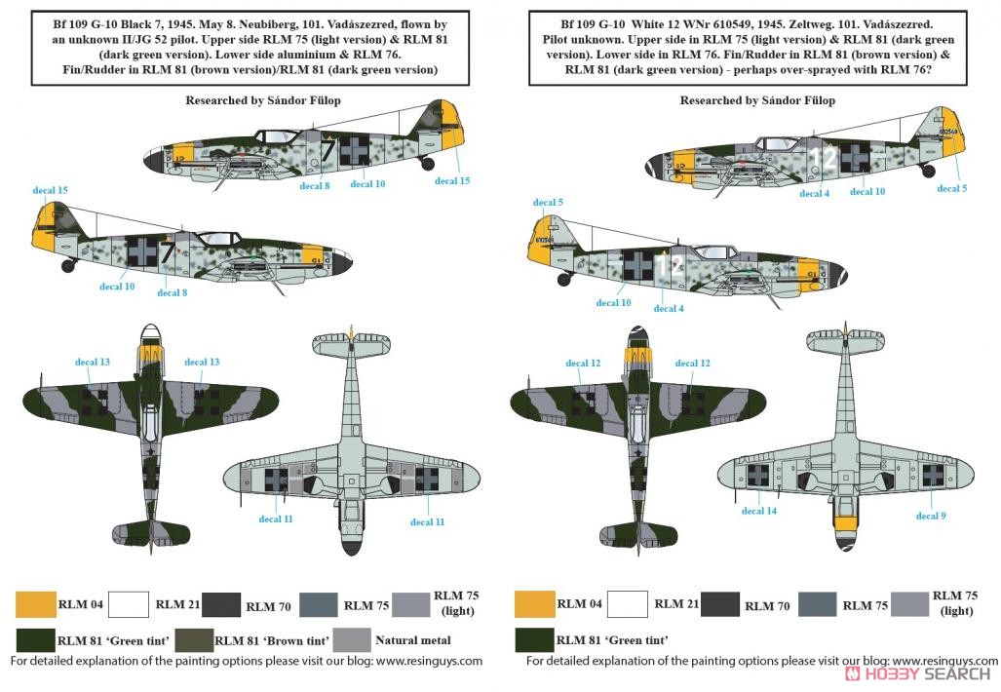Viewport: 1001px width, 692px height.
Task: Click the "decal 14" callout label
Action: coord(759,511)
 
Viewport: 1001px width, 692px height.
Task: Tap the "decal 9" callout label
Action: coord(931,516)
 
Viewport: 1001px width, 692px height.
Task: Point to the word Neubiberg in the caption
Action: coord(272,24)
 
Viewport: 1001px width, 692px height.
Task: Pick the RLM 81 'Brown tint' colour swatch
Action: coord(195,640)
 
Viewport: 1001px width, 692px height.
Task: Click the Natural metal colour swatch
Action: coord(352,640)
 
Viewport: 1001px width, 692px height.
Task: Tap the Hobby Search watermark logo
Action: coord(917,673)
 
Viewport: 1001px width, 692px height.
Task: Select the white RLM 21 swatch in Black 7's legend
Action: coord(129,604)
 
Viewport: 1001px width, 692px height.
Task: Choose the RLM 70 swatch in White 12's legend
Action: coord(719,604)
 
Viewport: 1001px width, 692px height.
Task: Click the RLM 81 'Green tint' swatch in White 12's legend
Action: coord(534,640)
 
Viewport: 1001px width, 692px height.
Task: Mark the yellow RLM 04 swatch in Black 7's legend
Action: coord(36,604)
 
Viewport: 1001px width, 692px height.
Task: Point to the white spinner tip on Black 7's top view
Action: coord(149,331)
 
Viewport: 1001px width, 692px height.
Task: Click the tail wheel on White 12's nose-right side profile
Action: coord(928,171)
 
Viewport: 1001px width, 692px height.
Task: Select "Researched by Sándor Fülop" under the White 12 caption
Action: coord(757,100)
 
